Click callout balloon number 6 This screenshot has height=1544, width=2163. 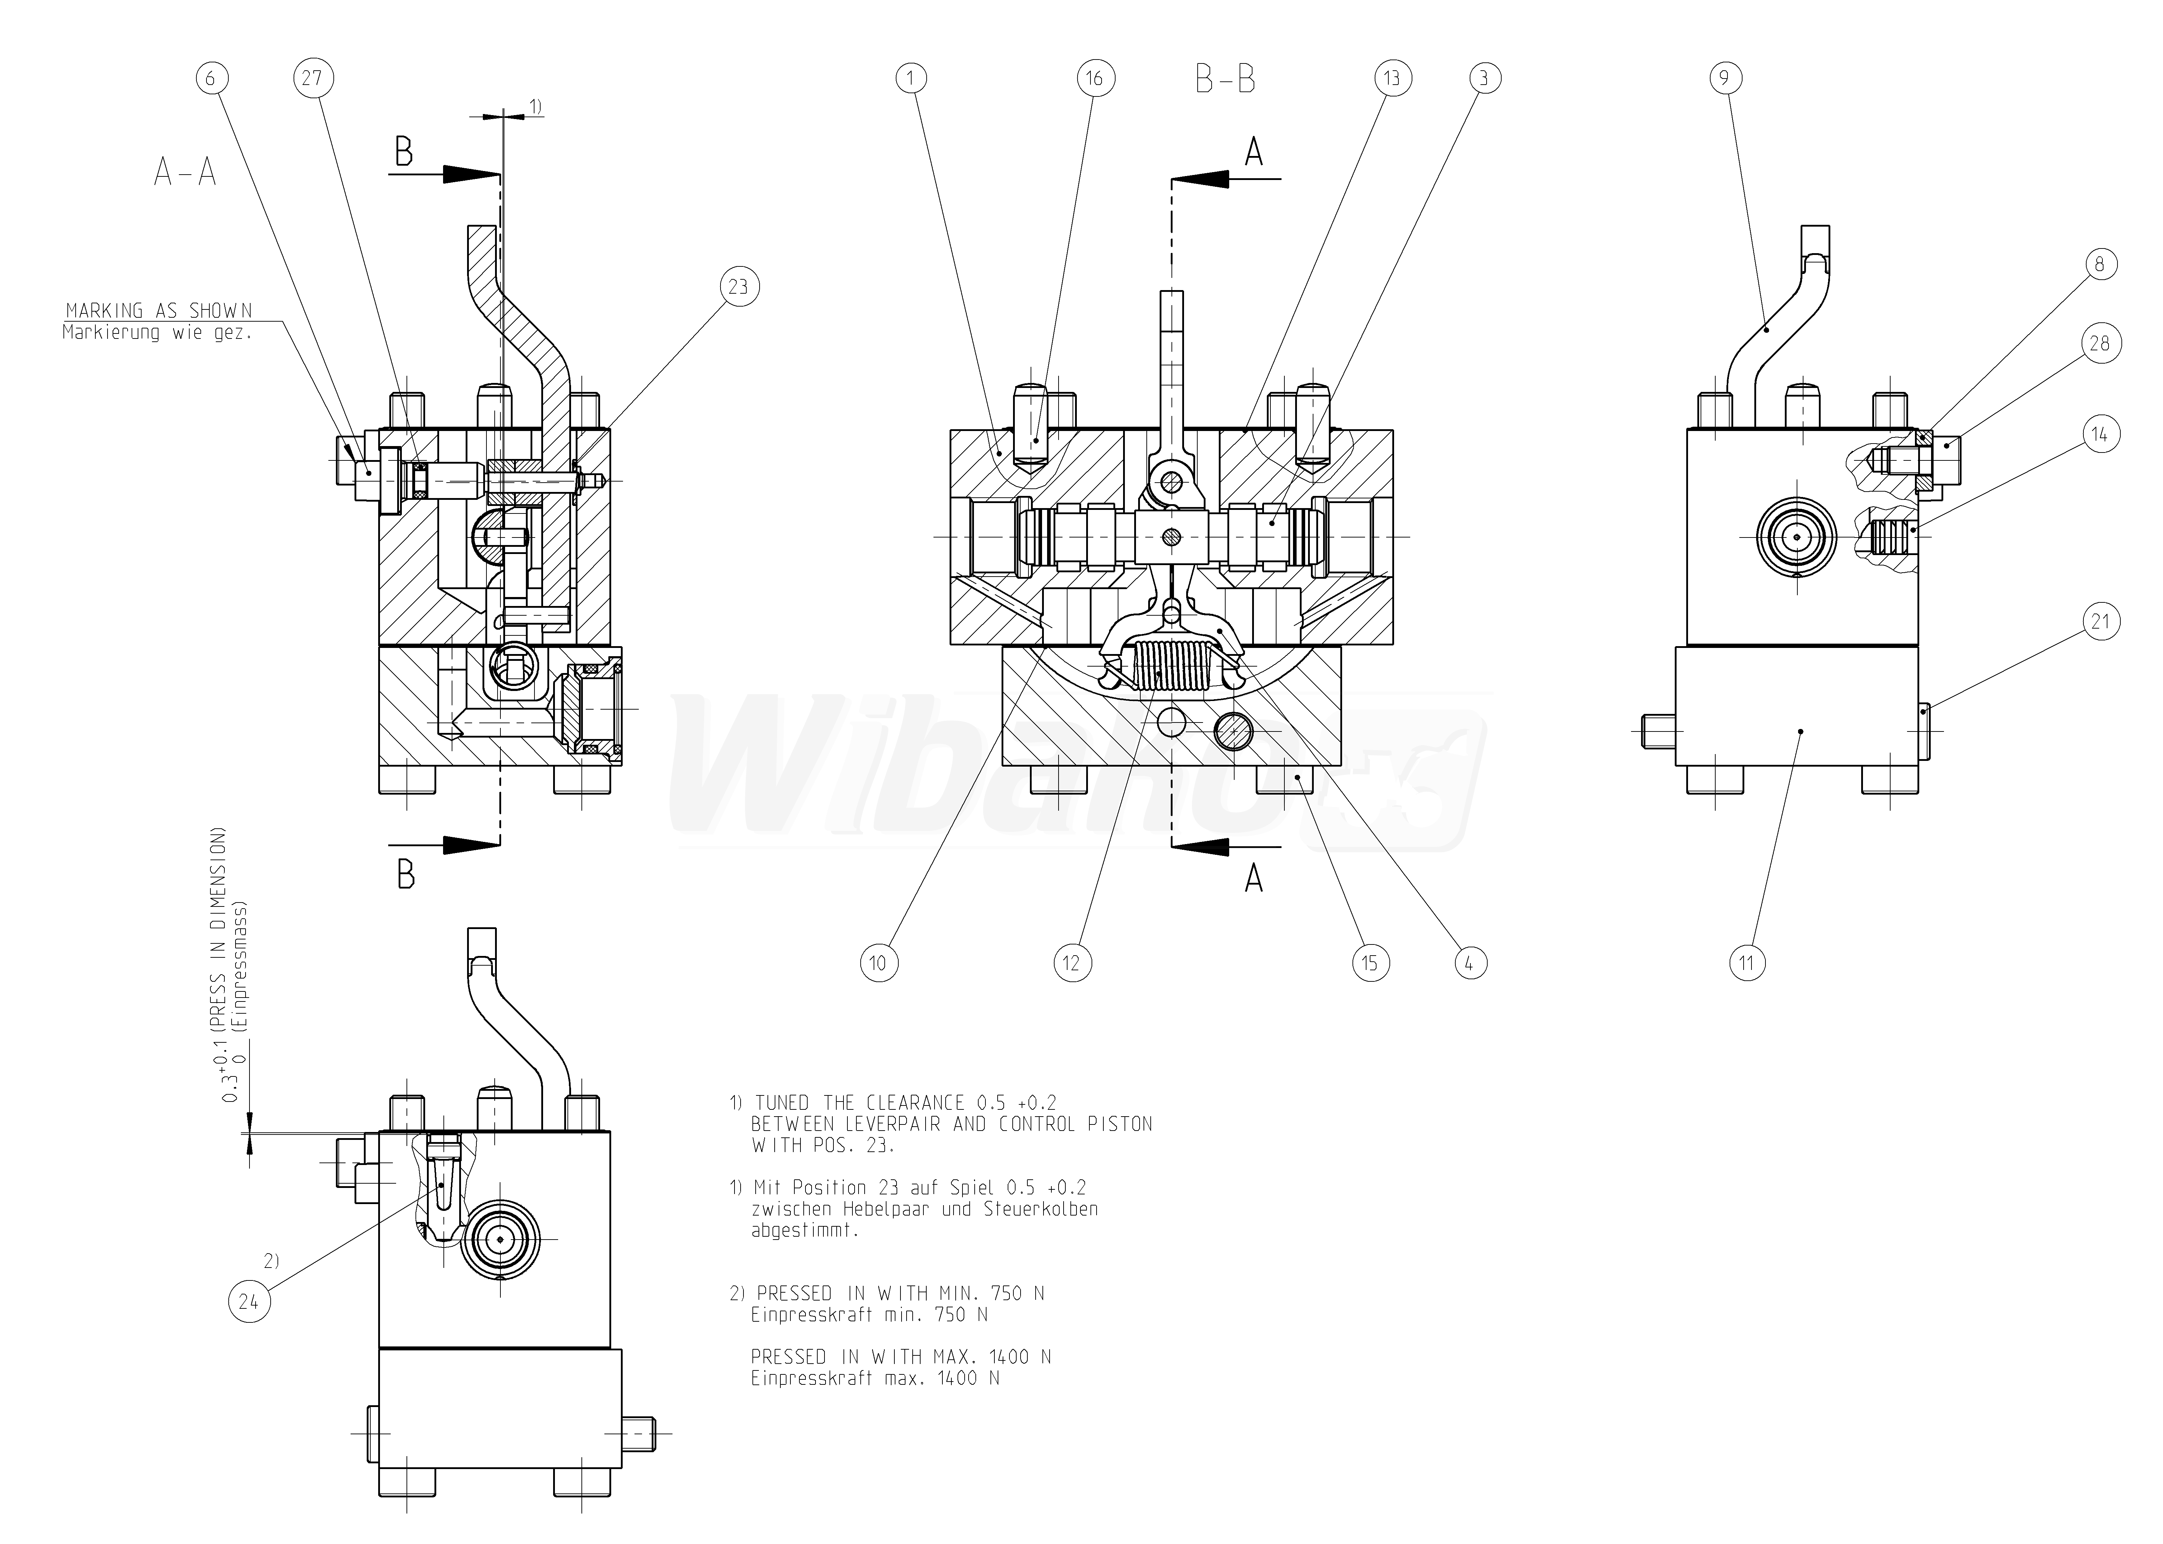click(x=211, y=78)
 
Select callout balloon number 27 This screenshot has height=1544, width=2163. click(x=313, y=78)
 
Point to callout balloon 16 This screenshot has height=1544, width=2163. click(x=1094, y=78)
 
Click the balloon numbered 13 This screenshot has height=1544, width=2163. click(x=1391, y=78)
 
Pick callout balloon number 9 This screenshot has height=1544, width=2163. click(x=1725, y=78)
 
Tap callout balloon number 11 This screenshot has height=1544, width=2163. click(x=1747, y=963)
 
